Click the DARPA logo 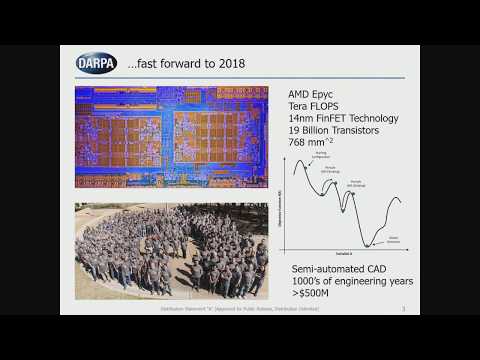pyautogui.click(x=96, y=63)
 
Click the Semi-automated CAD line pyautogui.click(x=342, y=270)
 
